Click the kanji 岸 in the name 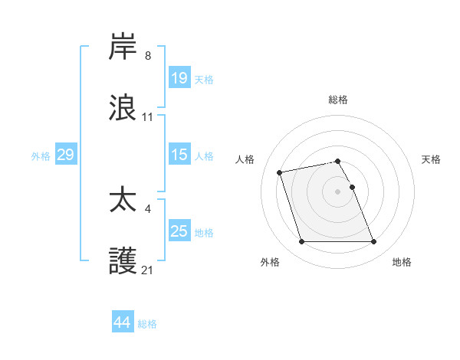[123, 47]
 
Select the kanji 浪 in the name [123, 107]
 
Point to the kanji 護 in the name [123, 260]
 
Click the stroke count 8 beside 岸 [148, 56]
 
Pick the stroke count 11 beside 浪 [148, 117]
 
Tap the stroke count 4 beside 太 [148, 208]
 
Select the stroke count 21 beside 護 [148, 270]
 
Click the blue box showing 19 [179, 78]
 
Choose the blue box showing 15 [179, 155]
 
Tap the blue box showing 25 [179, 231]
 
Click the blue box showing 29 [65, 155]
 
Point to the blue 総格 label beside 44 [147, 324]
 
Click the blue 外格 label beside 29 [41, 156]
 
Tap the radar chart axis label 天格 [432, 159]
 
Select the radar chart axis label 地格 [402, 262]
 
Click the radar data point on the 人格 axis [280, 172]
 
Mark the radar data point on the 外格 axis [301, 242]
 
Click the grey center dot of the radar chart [338, 191]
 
